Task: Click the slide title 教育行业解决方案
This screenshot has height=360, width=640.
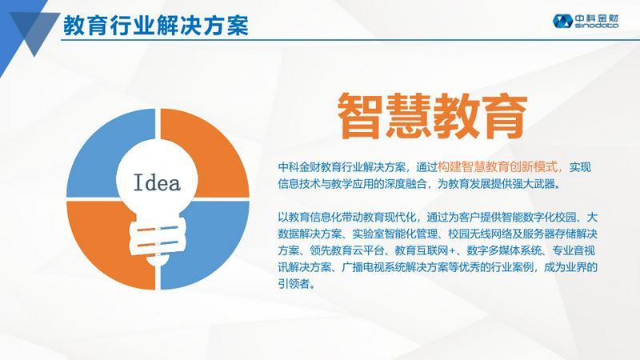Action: point(155,25)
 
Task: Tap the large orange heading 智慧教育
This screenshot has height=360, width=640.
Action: point(433,116)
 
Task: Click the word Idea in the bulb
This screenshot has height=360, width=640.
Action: point(157,182)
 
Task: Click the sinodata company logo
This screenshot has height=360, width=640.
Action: point(586,21)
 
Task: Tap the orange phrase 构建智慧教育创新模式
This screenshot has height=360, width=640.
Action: point(496,167)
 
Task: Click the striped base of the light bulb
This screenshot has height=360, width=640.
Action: point(158,238)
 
